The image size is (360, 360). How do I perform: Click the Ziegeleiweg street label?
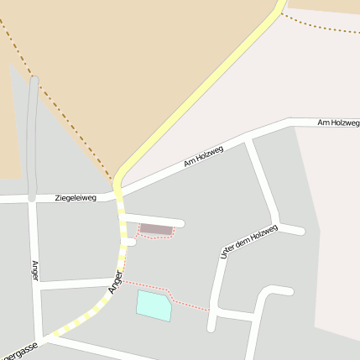pyautogui.click(x=76, y=198)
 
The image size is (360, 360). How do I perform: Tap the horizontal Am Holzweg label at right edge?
pyautogui.click(x=338, y=123)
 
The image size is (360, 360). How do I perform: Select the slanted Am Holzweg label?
pyautogui.click(x=204, y=157)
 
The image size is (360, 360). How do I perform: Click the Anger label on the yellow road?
pyautogui.click(x=116, y=282)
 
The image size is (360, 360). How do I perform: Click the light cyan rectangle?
pyautogui.click(x=154, y=305)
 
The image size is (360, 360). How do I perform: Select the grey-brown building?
pyautogui.click(x=155, y=228)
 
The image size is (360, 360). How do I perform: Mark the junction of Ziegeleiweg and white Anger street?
pyautogui.click(x=33, y=200)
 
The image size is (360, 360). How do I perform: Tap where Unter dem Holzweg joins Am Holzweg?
pyautogui.click(x=250, y=140)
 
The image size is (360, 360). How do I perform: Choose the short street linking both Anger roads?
pyautogui.click(x=76, y=283)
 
